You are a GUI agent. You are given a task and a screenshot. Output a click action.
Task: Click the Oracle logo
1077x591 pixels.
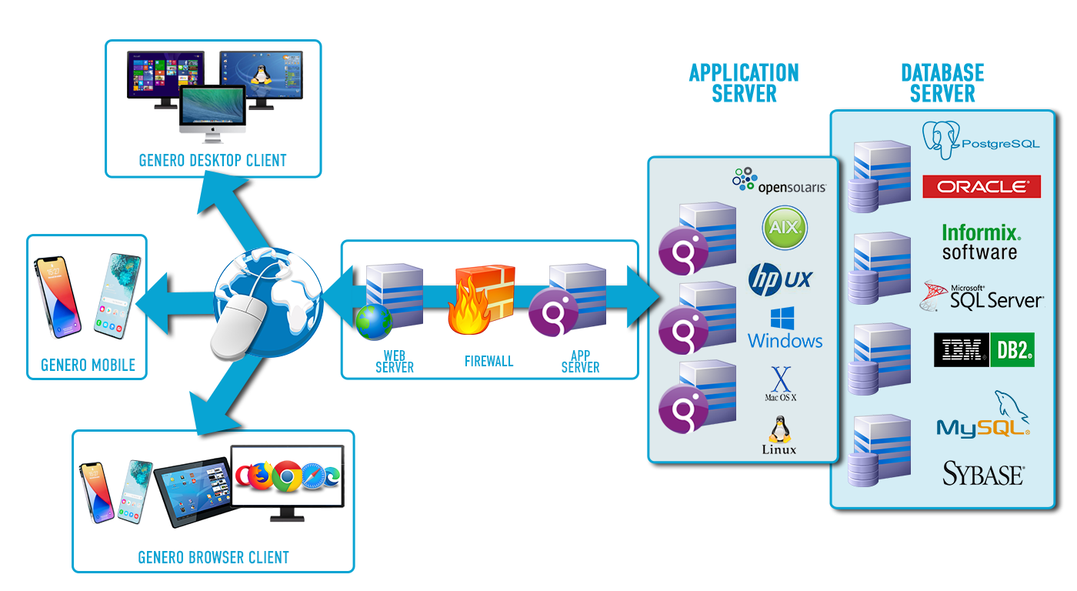point(981,186)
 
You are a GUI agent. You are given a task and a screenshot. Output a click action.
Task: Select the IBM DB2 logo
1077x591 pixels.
point(984,350)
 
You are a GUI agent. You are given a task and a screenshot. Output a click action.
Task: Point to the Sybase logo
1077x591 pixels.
point(983,473)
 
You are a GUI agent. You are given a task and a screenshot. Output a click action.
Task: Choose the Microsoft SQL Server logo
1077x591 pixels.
point(982,295)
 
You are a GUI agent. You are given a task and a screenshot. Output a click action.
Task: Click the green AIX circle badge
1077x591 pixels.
point(785,227)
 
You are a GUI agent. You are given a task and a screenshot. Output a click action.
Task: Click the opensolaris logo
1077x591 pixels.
point(779,182)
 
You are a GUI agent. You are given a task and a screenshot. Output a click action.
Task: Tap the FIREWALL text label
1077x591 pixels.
point(488,361)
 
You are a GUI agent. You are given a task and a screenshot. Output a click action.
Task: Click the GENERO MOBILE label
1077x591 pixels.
point(88,365)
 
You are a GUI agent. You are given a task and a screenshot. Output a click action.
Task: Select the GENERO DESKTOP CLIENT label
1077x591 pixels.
point(212,160)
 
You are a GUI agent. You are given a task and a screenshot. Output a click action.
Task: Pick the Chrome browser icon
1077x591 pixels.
point(287,477)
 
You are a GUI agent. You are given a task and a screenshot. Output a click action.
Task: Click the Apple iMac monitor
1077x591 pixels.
point(212,112)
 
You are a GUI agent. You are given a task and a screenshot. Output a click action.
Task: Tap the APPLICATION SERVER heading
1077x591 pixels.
point(744,83)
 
